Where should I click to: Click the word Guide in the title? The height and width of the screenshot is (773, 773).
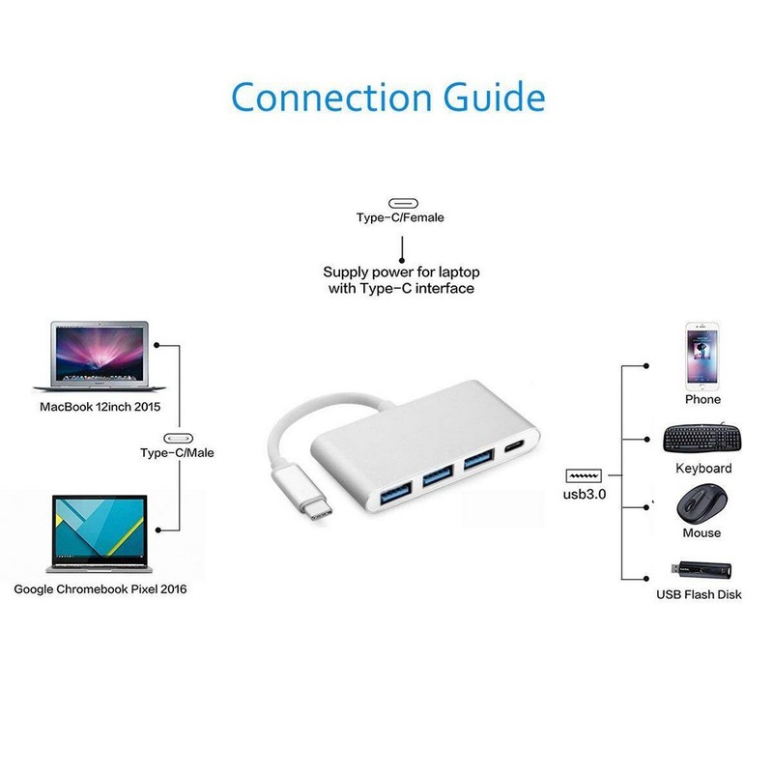tap(494, 98)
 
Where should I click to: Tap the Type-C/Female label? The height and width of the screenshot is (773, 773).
tap(400, 217)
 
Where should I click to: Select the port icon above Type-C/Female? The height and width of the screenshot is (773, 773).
tap(401, 203)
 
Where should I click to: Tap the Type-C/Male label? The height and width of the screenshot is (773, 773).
tap(177, 452)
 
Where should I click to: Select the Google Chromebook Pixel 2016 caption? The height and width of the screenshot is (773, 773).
tap(100, 587)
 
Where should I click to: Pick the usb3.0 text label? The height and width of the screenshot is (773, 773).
tap(584, 495)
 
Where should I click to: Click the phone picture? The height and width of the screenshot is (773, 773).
tap(701, 354)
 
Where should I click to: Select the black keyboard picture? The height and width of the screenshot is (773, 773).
tap(702, 439)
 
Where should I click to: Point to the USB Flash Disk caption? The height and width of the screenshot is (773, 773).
tap(699, 594)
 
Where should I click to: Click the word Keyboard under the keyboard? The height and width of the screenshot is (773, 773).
tap(703, 469)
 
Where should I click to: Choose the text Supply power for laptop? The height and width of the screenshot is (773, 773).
tap(401, 272)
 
